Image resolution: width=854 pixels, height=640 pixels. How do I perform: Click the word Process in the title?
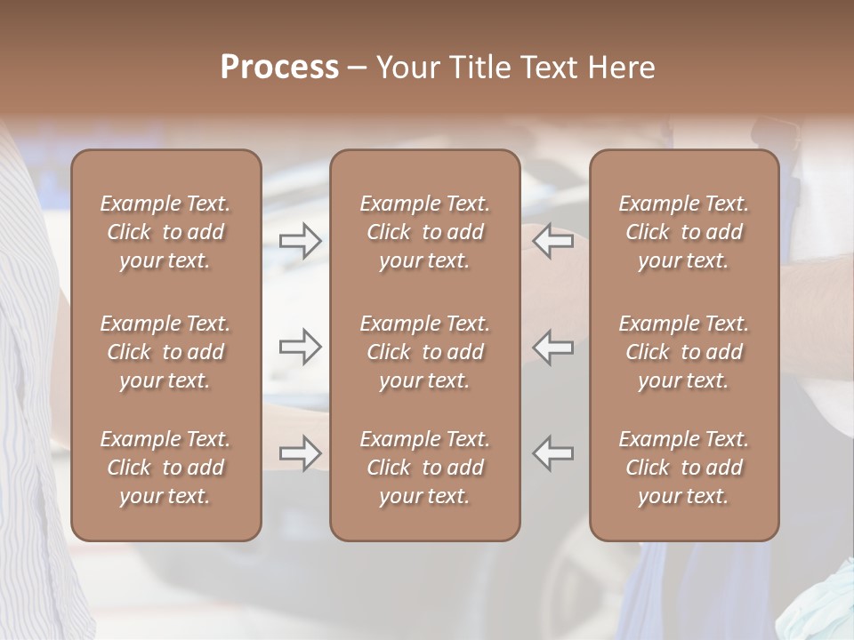click(x=279, y=68)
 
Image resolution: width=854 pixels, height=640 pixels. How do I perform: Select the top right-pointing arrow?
click(x=300, y=241)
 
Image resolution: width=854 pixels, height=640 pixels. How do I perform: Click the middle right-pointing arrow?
click(x=300, y=347)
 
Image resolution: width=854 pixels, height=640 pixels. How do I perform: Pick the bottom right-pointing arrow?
click(x=300, y=453)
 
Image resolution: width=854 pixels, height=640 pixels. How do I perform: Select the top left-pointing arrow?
click(x=553, y=241)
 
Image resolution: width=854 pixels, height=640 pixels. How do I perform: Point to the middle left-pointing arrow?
click(x=553, y=347)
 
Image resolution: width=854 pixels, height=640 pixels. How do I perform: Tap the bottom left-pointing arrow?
click(x=553, y=453)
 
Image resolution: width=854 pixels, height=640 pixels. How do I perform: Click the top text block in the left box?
click(x=165, y=232)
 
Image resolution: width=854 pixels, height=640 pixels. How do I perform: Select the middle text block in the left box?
click(x=165, y=352)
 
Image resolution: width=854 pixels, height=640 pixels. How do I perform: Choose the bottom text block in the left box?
click(x=165, y=468)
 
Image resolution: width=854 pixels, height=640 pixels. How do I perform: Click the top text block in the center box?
click(x=424, y=232)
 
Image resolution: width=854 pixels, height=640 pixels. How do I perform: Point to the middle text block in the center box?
click(x=424, y=352)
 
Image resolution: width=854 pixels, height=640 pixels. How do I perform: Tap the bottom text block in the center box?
click(x=424, y=468)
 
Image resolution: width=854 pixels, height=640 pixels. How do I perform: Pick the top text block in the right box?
click(x=683, y=232)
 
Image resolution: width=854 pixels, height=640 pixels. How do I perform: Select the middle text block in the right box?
click(x=683, y=352)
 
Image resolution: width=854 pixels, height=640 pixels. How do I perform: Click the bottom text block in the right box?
click(x=683, y=468)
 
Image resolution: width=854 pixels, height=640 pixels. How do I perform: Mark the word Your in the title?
click(x=407, y=68)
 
